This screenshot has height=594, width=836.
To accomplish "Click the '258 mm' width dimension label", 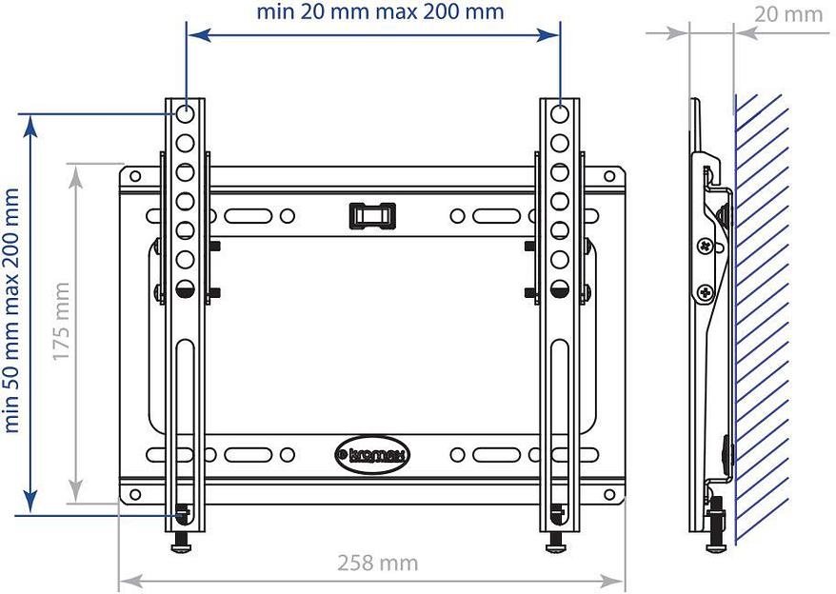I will pos(377,563).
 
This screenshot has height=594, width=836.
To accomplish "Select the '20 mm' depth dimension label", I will pos(787,13).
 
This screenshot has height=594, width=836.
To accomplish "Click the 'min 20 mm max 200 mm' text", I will pos(380,12).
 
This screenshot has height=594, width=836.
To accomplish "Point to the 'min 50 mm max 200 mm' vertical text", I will pos(12,310).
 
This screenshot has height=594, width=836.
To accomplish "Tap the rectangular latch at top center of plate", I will pos(371,214).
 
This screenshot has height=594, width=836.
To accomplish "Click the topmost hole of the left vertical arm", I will pos(186,115).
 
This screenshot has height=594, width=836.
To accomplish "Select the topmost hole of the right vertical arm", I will pos(560,115).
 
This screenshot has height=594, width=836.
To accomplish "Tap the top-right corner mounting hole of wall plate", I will pos(609,176).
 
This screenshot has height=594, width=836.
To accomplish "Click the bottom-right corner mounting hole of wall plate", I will pos(609,494).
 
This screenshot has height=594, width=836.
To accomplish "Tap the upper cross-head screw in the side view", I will pos(705,246).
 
